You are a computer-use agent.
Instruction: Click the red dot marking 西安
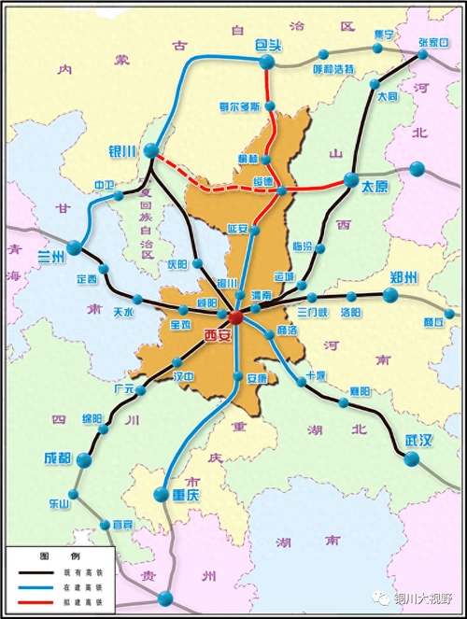[x=235, y=318]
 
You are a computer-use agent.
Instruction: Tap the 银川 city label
[x=123, y=150]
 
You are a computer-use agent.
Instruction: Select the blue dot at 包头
[x=266, y=63]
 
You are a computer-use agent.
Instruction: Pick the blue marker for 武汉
[x=412, y=457]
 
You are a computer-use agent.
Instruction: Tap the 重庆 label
[x=186, y=495]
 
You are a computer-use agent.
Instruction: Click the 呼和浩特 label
[x=333, y=69]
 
